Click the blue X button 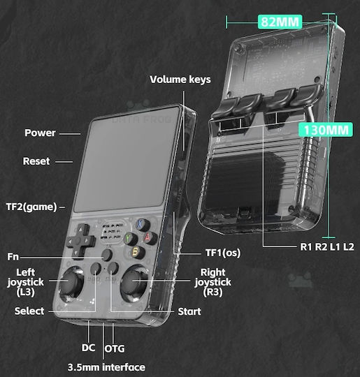coord(143,225)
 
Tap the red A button coord(150,237)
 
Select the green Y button coord(131,239)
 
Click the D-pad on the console coord(80,241)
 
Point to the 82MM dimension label coord(280,22)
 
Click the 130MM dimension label coord(326,130)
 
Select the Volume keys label coord(180,80)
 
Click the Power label coord(40,133)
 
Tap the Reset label coord(36,161)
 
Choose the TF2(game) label coord(31,207)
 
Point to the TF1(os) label coord(223,253)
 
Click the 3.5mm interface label coord(106,367)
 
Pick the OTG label coord(115,348)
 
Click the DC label coord(88,348)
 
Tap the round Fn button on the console coord(107,255)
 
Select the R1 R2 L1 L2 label coord(327,247)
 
